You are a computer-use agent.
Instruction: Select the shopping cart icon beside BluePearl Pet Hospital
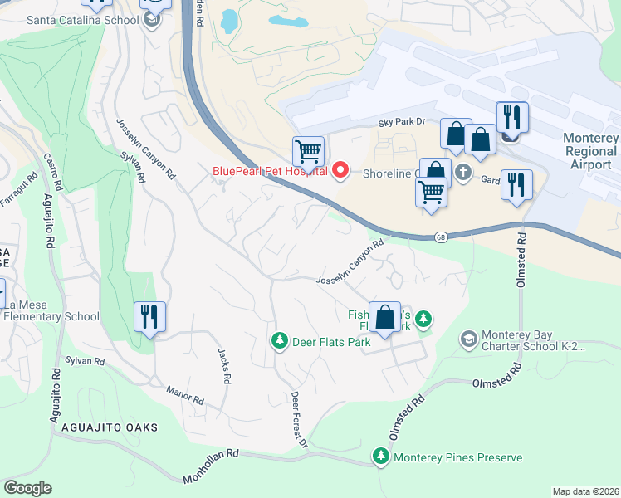point(308,152)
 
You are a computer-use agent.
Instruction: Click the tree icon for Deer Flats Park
point(280,340)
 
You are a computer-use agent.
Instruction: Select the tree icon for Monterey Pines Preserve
point(381,456)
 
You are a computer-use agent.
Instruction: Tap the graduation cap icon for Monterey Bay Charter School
point(470,339)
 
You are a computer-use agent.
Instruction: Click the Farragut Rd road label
point(19,188)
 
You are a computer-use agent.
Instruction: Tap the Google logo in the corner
point(28,488)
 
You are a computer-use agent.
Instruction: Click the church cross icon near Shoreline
point(463,173)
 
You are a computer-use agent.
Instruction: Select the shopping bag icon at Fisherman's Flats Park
point(384,318)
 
